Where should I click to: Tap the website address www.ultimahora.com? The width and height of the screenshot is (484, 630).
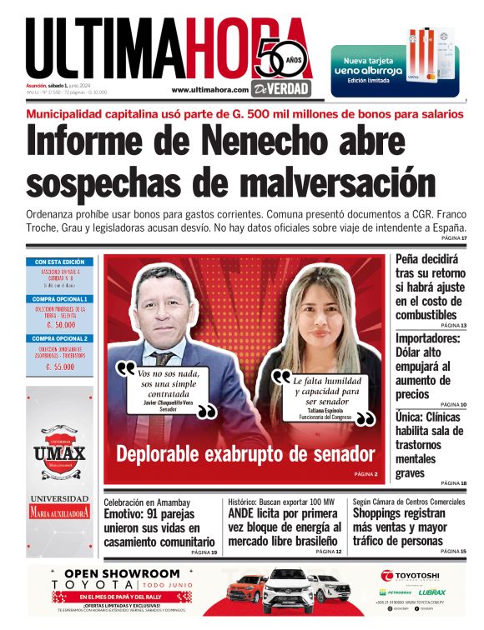point(209,90)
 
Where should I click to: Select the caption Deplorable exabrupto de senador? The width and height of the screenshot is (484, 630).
point(245,453)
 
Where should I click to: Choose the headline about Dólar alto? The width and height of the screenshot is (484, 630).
point(426,366)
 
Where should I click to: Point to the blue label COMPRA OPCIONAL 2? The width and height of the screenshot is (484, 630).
point(58,339)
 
